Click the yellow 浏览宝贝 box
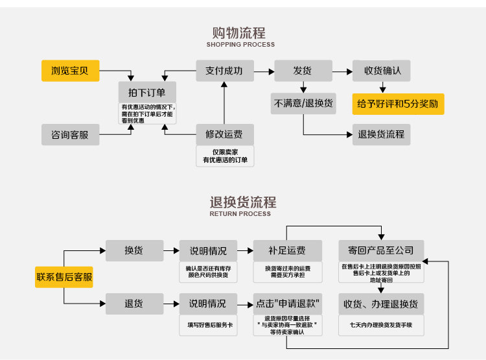71,70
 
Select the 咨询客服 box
71,134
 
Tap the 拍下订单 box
147,92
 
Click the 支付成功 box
225,71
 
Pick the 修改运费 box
225,134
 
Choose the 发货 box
303,71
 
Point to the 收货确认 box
382,71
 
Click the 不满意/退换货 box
303,103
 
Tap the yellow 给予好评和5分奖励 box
398,103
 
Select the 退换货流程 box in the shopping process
382,134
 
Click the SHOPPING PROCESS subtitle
240,45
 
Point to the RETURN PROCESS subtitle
240,213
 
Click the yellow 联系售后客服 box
64,278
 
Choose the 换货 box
134,250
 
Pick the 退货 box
134,303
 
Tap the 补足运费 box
287,250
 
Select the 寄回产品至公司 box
381,250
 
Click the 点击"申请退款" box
287,303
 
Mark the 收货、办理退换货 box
381,304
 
